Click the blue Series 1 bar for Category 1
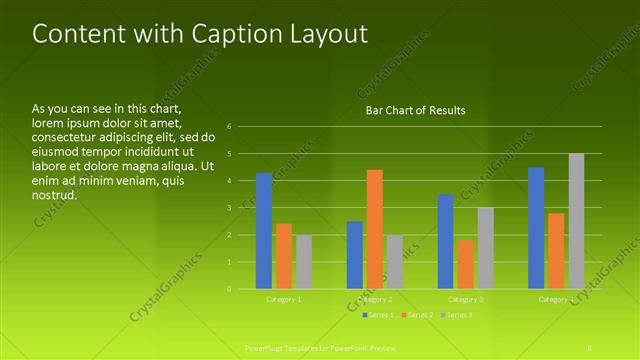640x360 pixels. click(x=264, y=231)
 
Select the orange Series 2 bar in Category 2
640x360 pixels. click(x=375, y=229)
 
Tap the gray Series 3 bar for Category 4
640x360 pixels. click(x=576, y=221)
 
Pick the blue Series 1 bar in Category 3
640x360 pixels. click(x=446, y=241)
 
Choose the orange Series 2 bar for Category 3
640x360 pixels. click(x=466, y=264)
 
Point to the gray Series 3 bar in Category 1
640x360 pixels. click(x=304, y=262)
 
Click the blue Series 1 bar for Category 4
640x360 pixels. click(x=536, y=228)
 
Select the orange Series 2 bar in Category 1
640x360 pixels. click(x=284, y=256)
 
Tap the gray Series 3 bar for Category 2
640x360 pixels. click(x=395, y=262)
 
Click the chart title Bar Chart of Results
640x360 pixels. click(x=415, y=110)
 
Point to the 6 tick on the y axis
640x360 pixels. click(x=230, y=127)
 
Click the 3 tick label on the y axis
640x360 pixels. click(x=230, y=208)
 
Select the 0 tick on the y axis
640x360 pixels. click(x=230, y=289)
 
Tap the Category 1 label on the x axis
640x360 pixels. click(x=284, y=299)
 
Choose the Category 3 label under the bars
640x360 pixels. click(x=466, y=299)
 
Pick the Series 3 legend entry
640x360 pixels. click(x=457, y=315)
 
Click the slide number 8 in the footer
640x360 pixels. click(x=590, y=346)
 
